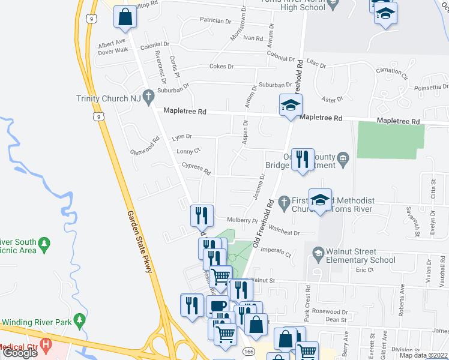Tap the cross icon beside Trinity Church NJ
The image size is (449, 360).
[x=145, y=99]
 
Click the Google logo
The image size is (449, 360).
[x=20, y=353]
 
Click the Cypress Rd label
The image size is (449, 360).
[x=197, y=169]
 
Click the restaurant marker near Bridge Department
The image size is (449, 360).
[x=302, y=160]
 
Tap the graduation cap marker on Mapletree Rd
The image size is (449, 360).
[x=291, y=105]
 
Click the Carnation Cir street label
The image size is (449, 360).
[x=392, y=74]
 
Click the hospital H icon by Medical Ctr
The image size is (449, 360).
[x=46, y=346]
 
